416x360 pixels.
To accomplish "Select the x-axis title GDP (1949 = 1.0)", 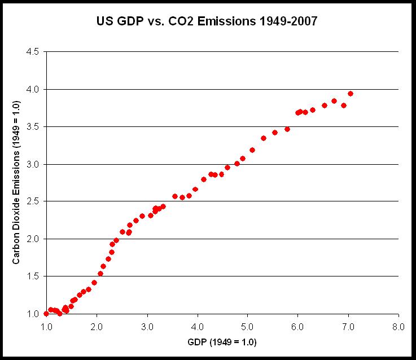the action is tap(222, 342).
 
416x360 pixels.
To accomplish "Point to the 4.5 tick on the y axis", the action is tap(33, 51).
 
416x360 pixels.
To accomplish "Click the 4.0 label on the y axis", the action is tap(33, 89).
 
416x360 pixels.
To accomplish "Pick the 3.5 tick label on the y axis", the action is tap(33, 127).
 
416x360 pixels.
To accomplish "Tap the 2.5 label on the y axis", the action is tap(33, 201).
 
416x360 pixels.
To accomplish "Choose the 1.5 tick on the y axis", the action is tap(33, 276).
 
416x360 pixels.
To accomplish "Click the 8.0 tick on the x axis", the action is tap(399, 327).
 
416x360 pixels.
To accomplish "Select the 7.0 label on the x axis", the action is tap(348, 327).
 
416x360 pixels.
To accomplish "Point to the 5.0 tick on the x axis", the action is tap(248, 327).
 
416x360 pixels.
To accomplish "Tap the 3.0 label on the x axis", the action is tap(147, 327).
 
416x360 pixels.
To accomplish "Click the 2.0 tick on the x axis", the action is tap(97, 327).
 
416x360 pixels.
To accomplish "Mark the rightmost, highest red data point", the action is tap(350, 94).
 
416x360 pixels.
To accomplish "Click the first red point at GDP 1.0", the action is tap(46, 314).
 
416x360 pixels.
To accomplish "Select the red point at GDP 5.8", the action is tap(287, 129).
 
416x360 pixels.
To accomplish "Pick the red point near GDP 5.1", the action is tap(252, 150).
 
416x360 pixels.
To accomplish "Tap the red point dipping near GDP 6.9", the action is tap(344, 106).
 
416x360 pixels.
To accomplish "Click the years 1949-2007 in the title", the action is tap(288, 21).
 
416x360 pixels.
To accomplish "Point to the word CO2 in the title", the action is tap(181, 21).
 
